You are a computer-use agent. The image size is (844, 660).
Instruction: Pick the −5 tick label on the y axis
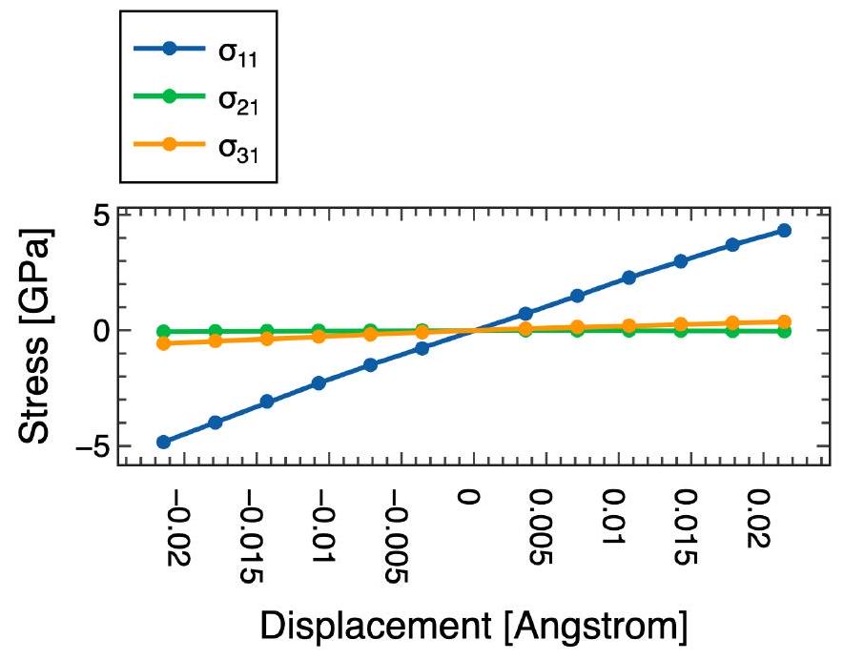tap(90, 446)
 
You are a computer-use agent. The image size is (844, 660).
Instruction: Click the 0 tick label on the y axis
tap(97, 331)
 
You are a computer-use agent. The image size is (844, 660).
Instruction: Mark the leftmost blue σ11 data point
tap(163, 442)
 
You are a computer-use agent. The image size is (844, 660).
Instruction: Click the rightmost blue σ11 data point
tap(784, 230)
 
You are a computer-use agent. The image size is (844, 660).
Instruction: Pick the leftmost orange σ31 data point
tap(163, 343)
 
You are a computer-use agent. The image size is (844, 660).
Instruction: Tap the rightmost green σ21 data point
tap(784, 331)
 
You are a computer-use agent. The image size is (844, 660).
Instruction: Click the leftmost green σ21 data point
tap(163, 331)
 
